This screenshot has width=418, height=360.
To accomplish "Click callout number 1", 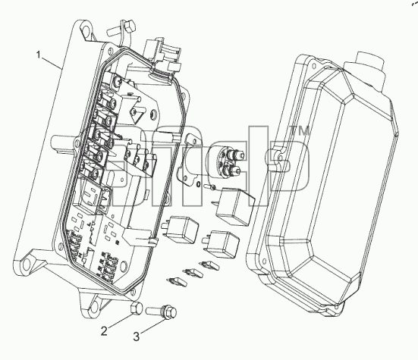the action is [x=39, y=55].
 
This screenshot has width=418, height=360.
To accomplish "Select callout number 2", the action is [x=104, y=331].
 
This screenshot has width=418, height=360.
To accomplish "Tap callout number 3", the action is [x=137, y=337].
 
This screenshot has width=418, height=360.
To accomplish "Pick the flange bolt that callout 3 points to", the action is [x=162, y=311].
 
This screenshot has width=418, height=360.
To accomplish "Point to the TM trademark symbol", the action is [x=300, y=131].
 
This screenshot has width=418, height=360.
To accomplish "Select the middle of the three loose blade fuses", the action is [x=191, y=273].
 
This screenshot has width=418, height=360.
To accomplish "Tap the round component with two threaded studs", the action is [x=227, y=162].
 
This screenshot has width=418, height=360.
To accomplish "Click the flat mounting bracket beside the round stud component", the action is [x=190, y=159].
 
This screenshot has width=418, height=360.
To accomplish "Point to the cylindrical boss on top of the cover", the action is [x=369, y=67].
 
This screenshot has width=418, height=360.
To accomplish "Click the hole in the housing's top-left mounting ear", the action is [x=86, y=28].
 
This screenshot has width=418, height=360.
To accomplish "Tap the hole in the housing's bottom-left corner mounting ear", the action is [x=27, y=265].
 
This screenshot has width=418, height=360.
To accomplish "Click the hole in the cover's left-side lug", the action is [x=280, y=158].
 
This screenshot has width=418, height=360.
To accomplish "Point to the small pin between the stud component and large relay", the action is [x=210, y=187].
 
